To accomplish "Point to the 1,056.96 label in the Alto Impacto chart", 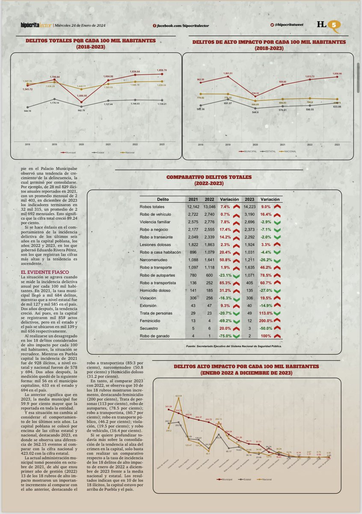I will (337, 74).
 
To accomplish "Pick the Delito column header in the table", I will (162, 199).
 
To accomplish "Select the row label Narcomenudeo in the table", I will (154, 260).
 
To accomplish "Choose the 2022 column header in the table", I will (210, 199).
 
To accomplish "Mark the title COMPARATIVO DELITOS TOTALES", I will (209, 176).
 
